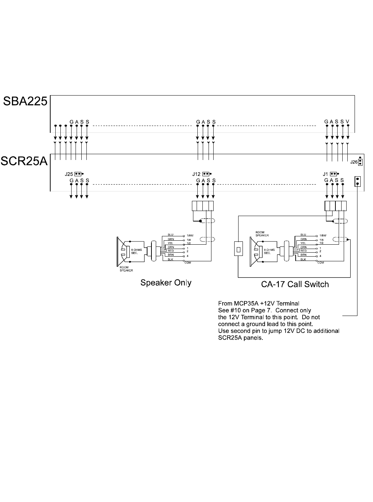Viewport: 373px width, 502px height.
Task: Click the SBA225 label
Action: click(x=25, y=101)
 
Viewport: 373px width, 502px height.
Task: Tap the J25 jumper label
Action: click(x=69, y=174)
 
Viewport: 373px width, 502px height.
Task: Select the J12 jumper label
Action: click(x=196, y=174)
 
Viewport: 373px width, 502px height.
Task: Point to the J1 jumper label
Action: click(x=325, y=174)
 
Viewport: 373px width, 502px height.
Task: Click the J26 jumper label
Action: click(x=354, y=163)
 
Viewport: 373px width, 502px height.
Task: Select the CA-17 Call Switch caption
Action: click(x=295, y=284)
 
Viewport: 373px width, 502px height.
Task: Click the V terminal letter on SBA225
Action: click(x=347, y=122)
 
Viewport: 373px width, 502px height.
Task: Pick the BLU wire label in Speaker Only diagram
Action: click(x=171, y=235)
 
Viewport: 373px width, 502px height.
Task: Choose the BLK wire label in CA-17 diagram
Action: click(x=303, y=260)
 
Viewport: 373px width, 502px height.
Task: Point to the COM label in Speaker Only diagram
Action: click(x=188, y=263)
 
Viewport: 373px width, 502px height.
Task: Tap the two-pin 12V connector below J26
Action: click(x=357, y=181)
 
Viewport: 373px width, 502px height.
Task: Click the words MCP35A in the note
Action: click(x=249, y=303)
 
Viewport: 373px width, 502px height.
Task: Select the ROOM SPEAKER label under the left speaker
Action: click(x=126, y=269)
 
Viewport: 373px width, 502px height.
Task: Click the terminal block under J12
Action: click(x=203, y=206)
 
